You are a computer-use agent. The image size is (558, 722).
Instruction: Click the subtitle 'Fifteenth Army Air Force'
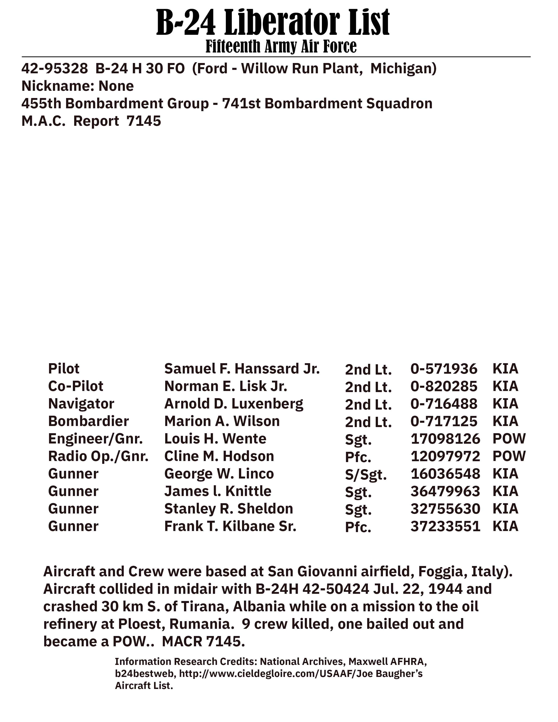(x=281, y=47)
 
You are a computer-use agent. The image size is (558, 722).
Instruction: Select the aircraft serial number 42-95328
(x=54, y=68)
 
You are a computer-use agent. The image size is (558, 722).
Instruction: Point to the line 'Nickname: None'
(x=77, y=86)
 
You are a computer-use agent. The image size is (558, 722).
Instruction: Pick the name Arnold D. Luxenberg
(x=233, y=404)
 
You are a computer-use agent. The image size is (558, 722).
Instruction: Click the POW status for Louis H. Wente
(x=509, y=439)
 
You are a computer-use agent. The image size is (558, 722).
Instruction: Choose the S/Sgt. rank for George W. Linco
(x=366, y=475)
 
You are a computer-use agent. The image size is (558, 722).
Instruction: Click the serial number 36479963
(x=445, y=491)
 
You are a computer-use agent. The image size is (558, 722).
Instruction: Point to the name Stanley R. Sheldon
(x=228, y=509)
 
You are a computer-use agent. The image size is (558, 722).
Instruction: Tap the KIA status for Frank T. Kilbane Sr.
(x=505, y=526)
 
